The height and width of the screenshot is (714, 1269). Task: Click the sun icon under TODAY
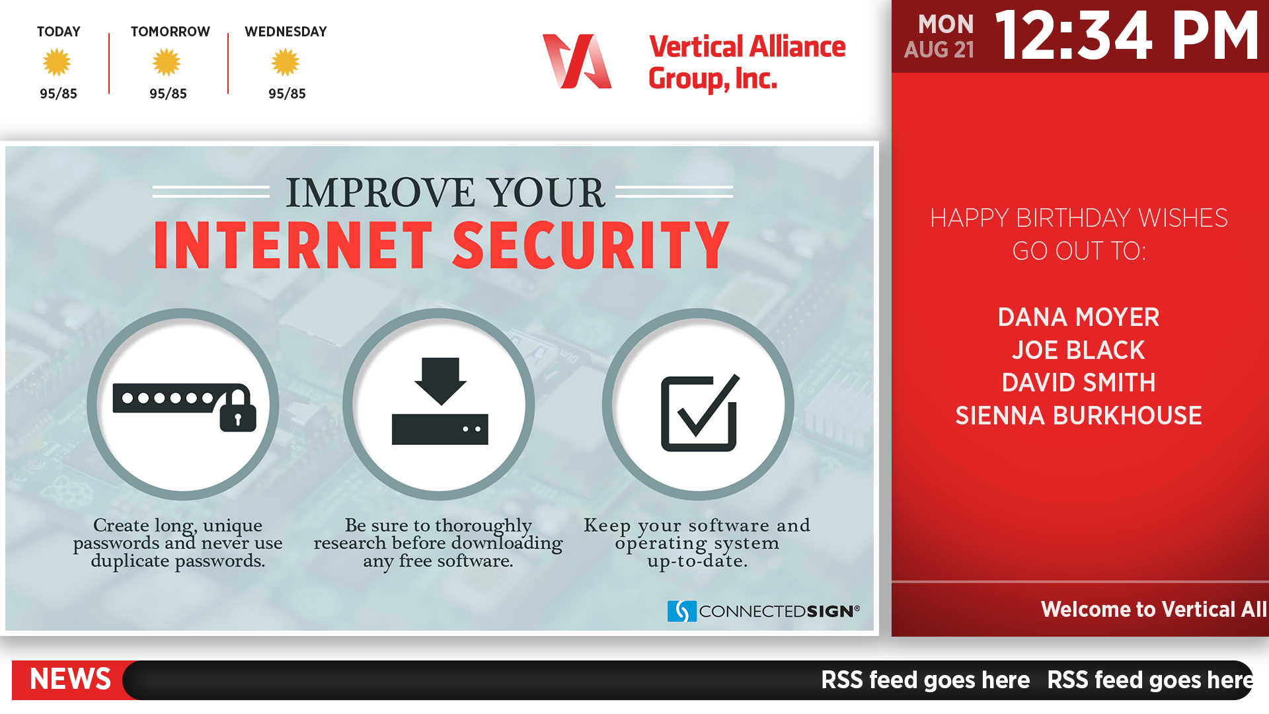pyautogui.click(x=57, y=63)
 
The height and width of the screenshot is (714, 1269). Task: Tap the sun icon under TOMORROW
pyautogui.click(x=167, y=63)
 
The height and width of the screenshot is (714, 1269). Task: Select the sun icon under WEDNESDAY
pyautogui.click(x=286, y=63)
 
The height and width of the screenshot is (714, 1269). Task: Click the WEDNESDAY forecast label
pyautogui.click(x=286, y=32)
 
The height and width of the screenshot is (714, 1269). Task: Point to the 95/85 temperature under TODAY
pyautogui.click(x=58, y=94)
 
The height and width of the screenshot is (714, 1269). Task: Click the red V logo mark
pyautogui.click(x=576, y=61)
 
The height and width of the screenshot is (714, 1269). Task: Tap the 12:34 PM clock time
pyautogui.click(x=1127, y=36)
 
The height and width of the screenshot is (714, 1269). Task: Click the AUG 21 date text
pyautogui.click(x=939, y=50)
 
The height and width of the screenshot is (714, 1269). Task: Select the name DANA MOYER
pyautogui.click(x=1079, y=317)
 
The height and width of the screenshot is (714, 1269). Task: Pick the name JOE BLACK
pyautogui.click(x=1079, y=350)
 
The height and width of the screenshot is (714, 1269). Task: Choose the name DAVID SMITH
pyautogui.click(x=1079, y=383)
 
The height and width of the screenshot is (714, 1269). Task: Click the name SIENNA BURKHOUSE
pyautogui.click(x=1079, y=416)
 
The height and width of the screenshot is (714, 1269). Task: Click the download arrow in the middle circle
pyautogui.click(x=440, y=381)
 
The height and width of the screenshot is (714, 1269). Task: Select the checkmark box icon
pyautogui.click(x=700, y=413)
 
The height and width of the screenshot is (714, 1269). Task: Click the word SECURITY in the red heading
pyautogui.click(x=591, y=245)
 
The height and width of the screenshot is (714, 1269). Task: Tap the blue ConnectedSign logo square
pyautogui.click(x=682, y=611)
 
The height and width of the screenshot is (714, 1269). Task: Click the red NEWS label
pyautogui.click(x=71, y=680)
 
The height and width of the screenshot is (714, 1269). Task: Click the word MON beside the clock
pyautogui.click(x=946, y=24)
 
